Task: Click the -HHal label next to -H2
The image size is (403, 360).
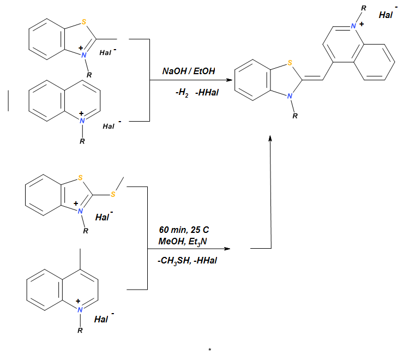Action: pyautogui.click(x=207, y=93)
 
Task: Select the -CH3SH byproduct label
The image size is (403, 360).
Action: pyautogui.click(x=173, y=261)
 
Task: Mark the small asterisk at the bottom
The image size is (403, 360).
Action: pyautogui.click(x=209, y=350)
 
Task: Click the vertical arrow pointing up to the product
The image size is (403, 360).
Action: pyautogui.click(x=270, y=191)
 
